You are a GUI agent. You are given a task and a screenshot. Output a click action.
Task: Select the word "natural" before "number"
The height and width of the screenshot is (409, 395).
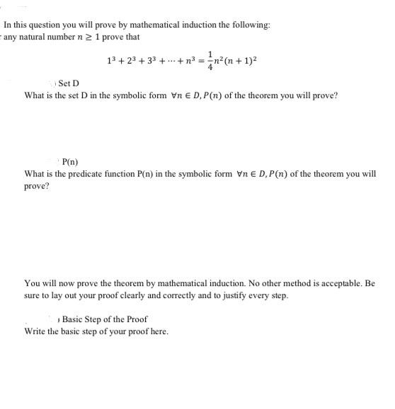pos(37,37)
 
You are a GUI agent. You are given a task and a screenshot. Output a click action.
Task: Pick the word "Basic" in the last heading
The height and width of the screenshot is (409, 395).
pos(75,319)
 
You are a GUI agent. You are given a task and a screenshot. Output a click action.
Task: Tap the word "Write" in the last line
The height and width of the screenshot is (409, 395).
pos(36,331)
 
